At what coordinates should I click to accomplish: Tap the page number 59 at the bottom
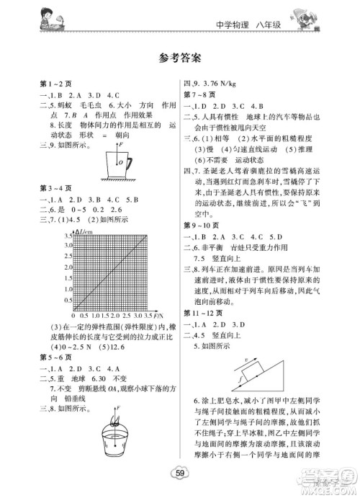180,473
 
